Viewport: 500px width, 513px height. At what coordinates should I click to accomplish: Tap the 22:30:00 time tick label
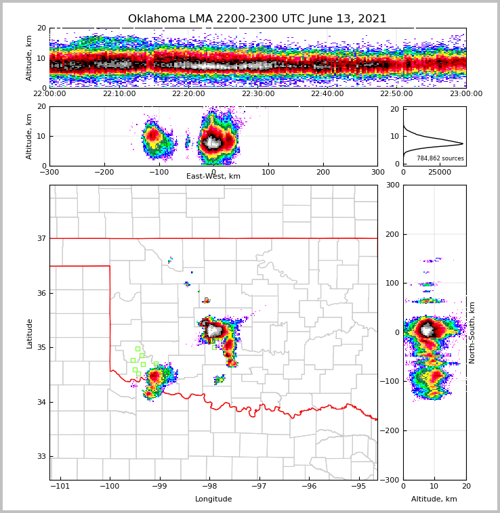[257, 94]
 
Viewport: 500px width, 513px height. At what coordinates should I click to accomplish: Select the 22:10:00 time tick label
[119, 94]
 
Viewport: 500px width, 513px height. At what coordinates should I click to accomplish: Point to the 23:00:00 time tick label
[466, 94]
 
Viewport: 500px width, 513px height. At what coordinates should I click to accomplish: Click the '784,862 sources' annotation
[440, 158]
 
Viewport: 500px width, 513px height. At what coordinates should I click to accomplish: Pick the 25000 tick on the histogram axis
[440, 173]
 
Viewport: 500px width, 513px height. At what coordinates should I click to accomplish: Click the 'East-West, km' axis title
[213, 177]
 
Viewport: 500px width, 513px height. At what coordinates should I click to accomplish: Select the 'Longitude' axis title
[213, 499]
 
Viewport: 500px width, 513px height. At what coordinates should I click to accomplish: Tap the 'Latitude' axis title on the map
[30, 333]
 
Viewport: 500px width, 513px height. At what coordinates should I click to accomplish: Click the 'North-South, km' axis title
[472, 332]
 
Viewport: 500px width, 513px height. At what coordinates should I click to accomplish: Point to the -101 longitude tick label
[61, 487]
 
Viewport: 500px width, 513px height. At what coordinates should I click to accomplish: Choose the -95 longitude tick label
[359, 487]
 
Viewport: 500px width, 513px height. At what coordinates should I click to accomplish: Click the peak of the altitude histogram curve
[463, 143]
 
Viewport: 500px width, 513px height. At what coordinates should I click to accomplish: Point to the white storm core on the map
[215, 331]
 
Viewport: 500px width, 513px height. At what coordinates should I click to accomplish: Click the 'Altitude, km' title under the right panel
[434, 499]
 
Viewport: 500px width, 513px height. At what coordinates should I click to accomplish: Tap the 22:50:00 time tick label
[396, 94]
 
